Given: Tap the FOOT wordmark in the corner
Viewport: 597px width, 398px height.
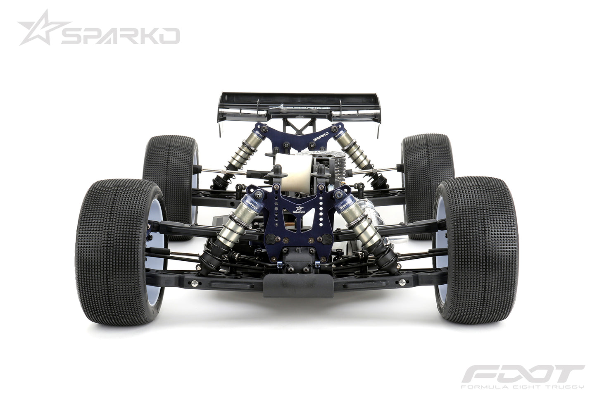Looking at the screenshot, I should (522, 374).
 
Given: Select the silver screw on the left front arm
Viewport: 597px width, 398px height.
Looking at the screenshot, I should (193, 283).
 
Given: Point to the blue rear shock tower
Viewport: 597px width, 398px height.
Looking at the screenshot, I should (298, 136).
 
